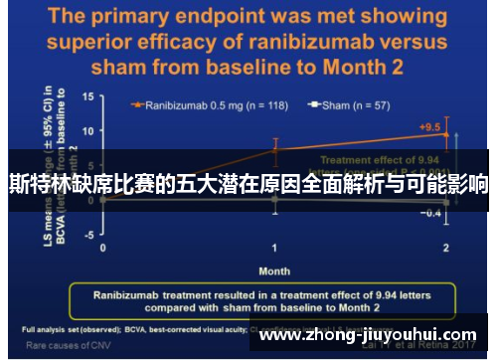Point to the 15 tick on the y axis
pyautogui.click(x=87, y=97)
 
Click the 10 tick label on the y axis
pyautogui.click(x=87, y=131)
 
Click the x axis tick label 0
pyautogui.click(x=102, y=247)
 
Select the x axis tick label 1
pyautogui.click(x=274, y=247)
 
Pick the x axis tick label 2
pyautogui.click(x=446, y=247)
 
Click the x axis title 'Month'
pyautogui.click(x=274, y=270)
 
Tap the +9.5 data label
pyautogui.click(x=430, y=126)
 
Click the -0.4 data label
pyautogui.click(x=431, y=215)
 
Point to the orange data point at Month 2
pyautogui.click(x=446, y=134)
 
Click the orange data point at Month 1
pyautogui.click(x=274, y=150)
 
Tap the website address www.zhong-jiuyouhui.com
pyautogui.click(x=368, y=335)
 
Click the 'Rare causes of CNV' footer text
pyautogui.click(x=62, y=346)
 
